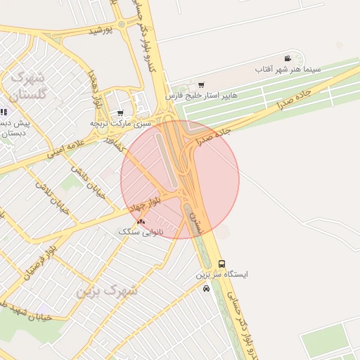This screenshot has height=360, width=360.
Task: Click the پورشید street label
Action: [101, 31]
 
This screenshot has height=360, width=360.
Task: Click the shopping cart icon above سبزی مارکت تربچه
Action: [120, 112]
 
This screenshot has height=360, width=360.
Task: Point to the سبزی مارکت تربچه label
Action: [120, 123]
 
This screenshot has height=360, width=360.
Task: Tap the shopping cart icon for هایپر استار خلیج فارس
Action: [202, 85]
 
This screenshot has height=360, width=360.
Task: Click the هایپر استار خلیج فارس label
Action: [202, 95]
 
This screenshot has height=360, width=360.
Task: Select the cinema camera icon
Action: [288, 58]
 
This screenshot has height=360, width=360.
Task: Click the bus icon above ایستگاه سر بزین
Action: [222, 264]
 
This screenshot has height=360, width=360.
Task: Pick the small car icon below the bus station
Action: [206, 288]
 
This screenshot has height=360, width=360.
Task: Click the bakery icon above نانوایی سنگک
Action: [141, 221]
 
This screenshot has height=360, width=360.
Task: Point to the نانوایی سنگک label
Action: [141, 231]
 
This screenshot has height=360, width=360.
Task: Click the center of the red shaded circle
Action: [180, 179]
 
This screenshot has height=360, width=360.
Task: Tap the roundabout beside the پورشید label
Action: [122, 24]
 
